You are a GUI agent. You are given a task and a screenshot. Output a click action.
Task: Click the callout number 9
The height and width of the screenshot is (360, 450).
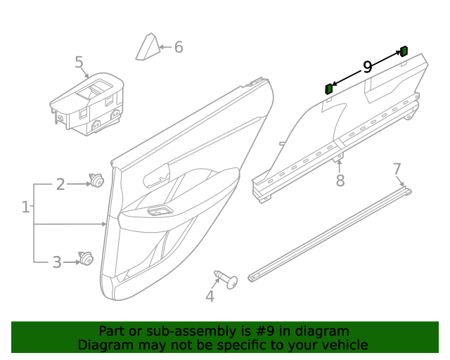coord(367,67)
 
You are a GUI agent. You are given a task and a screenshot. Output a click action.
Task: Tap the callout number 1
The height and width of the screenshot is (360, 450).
coord(26,207)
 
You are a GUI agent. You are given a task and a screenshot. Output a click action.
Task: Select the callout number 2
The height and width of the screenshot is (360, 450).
coord(60,184)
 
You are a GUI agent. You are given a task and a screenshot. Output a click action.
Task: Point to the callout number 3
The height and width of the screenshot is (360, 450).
coord(57,263)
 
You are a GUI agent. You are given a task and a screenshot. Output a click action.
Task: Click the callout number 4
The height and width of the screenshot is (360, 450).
coord(210,296)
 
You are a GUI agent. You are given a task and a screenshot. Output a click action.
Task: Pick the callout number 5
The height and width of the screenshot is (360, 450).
coord(79,63)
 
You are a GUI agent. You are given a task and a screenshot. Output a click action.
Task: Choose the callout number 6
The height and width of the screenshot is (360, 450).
coord(179,47)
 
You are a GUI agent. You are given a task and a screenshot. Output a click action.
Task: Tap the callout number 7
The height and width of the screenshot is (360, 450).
coord(397,169)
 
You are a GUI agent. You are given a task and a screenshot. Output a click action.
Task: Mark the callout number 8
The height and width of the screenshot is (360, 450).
coord(340,181)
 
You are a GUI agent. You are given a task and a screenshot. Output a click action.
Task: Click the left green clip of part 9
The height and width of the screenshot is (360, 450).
coord(328,89)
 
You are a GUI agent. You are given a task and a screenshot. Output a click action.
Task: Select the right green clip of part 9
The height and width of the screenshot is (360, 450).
coord(404,51)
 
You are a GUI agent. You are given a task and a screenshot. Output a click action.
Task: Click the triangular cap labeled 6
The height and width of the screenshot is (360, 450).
coord(148,47)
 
